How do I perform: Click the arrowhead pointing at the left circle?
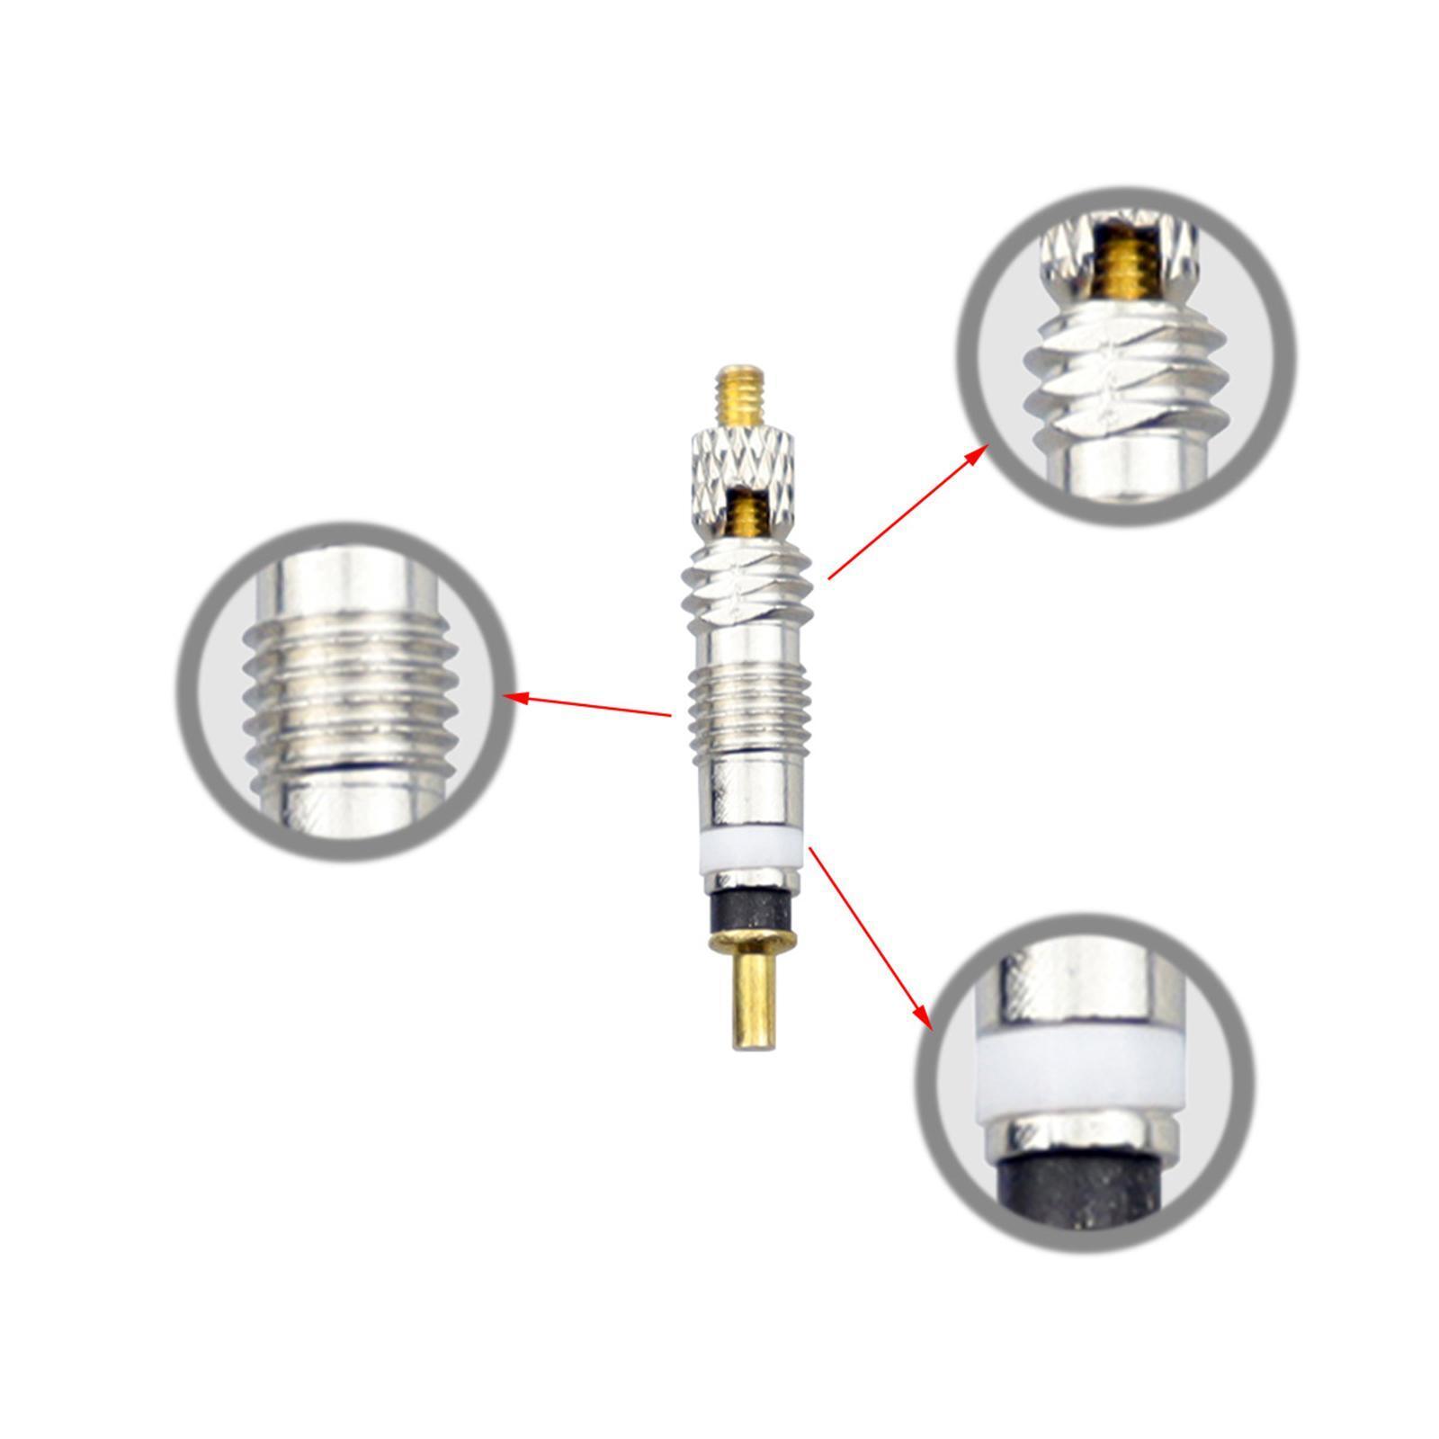point(517,697)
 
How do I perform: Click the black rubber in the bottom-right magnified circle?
point(1079,1192)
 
